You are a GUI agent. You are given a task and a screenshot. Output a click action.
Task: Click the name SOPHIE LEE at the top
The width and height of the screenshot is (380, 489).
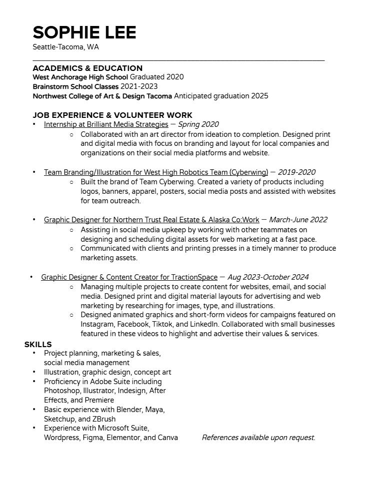[x=84, y=33]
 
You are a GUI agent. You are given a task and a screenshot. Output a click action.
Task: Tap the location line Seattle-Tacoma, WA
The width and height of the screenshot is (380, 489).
[x=65, y=47]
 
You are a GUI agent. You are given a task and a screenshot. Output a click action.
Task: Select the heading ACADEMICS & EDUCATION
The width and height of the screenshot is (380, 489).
[x=87, y=68]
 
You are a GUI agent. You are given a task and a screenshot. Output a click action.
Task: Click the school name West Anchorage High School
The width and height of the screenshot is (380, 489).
[x=80, y=77]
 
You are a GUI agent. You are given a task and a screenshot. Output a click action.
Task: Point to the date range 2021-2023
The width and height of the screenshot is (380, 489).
[x=139, y=86]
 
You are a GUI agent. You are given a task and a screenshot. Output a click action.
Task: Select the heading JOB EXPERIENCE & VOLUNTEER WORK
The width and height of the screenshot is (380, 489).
[x=112, y=115]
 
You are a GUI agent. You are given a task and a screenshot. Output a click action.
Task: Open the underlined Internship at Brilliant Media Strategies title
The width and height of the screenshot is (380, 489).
[x=106, y=124]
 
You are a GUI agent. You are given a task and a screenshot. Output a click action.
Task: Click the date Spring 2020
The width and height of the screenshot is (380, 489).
[x=198, y=124]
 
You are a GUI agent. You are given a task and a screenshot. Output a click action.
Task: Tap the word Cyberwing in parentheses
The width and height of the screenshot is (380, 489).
[x=248, y=172]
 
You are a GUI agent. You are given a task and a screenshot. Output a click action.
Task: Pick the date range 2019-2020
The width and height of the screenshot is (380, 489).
[x=296, y=172]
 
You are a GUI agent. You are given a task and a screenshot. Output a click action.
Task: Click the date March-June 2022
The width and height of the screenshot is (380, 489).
[x=298, y=220]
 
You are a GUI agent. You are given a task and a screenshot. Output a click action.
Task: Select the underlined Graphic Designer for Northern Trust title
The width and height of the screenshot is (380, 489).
[x=151, y=220]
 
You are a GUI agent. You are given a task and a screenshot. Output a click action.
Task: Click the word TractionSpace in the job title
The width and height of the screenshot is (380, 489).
[x=194, y=277]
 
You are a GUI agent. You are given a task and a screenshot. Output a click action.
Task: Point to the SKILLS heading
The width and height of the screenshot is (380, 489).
[x=38, y=345]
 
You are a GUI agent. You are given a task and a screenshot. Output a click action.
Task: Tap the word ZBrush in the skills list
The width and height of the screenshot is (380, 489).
[x=104, y=419]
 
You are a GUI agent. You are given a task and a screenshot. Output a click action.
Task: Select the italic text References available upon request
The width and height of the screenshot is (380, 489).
[x=258, y=438]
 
